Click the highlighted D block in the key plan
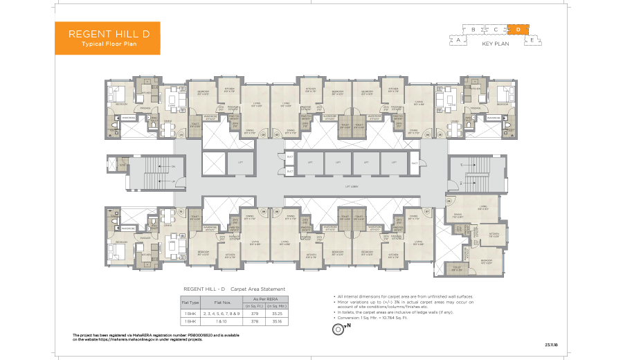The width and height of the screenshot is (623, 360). coord(517,29)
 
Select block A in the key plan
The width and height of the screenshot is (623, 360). coord(458,40)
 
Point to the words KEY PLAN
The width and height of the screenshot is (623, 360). coord(496,44)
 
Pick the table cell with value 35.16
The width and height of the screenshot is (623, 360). coord(281,322)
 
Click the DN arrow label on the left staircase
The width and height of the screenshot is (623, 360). coord(173,167)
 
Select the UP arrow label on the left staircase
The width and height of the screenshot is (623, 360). coord(173,181)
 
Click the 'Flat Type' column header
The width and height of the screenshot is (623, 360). coord(190,302)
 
